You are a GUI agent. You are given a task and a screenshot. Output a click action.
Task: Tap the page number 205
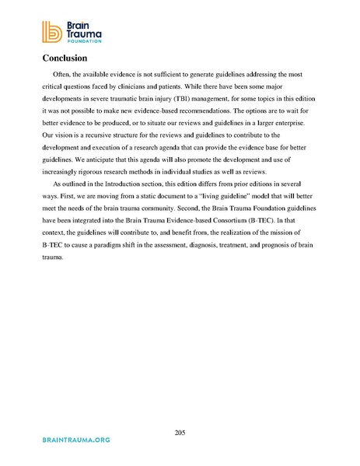[x=180, y=433]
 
